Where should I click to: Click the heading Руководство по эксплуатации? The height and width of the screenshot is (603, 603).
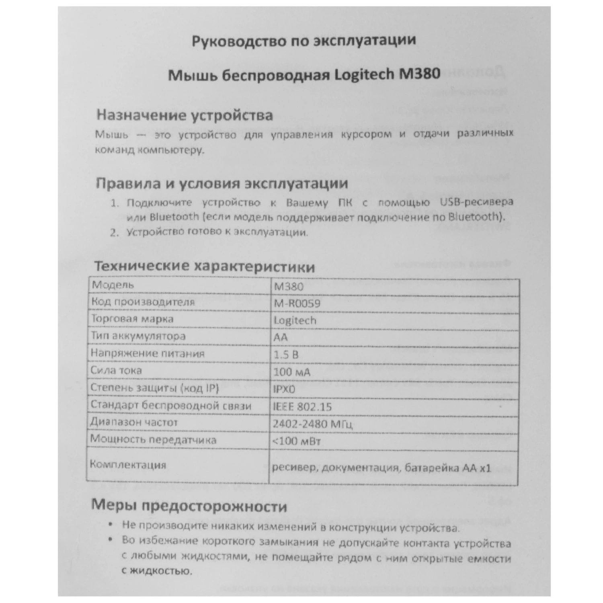[x=304, y=41]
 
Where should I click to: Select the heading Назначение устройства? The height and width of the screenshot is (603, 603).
[x=184, y=115]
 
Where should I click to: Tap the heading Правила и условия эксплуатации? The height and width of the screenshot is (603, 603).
[x=222, y=184]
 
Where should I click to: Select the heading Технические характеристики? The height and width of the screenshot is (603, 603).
[x=204, y=267]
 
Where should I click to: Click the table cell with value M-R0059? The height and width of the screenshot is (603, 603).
[x=297, y=304]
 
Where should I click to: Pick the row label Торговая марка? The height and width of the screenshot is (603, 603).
[x=132, y=319]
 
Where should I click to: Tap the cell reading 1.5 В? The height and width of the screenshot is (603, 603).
[x=286, y=355]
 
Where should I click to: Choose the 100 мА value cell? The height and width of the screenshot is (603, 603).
[x=291, y=372]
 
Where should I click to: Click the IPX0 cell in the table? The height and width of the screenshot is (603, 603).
[x=284, y=390]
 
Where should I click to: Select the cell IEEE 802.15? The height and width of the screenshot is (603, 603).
[x=302, y=407]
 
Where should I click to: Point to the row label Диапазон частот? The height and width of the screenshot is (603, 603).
[x=134, y=423]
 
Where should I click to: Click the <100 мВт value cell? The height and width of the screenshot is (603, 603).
[x=296, y=441]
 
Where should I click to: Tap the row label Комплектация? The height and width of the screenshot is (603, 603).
[x=128, y=465]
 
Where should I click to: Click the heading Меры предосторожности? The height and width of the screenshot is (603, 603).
[x=189, y=506]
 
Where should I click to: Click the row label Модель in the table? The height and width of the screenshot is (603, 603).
[x=113, y=285]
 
